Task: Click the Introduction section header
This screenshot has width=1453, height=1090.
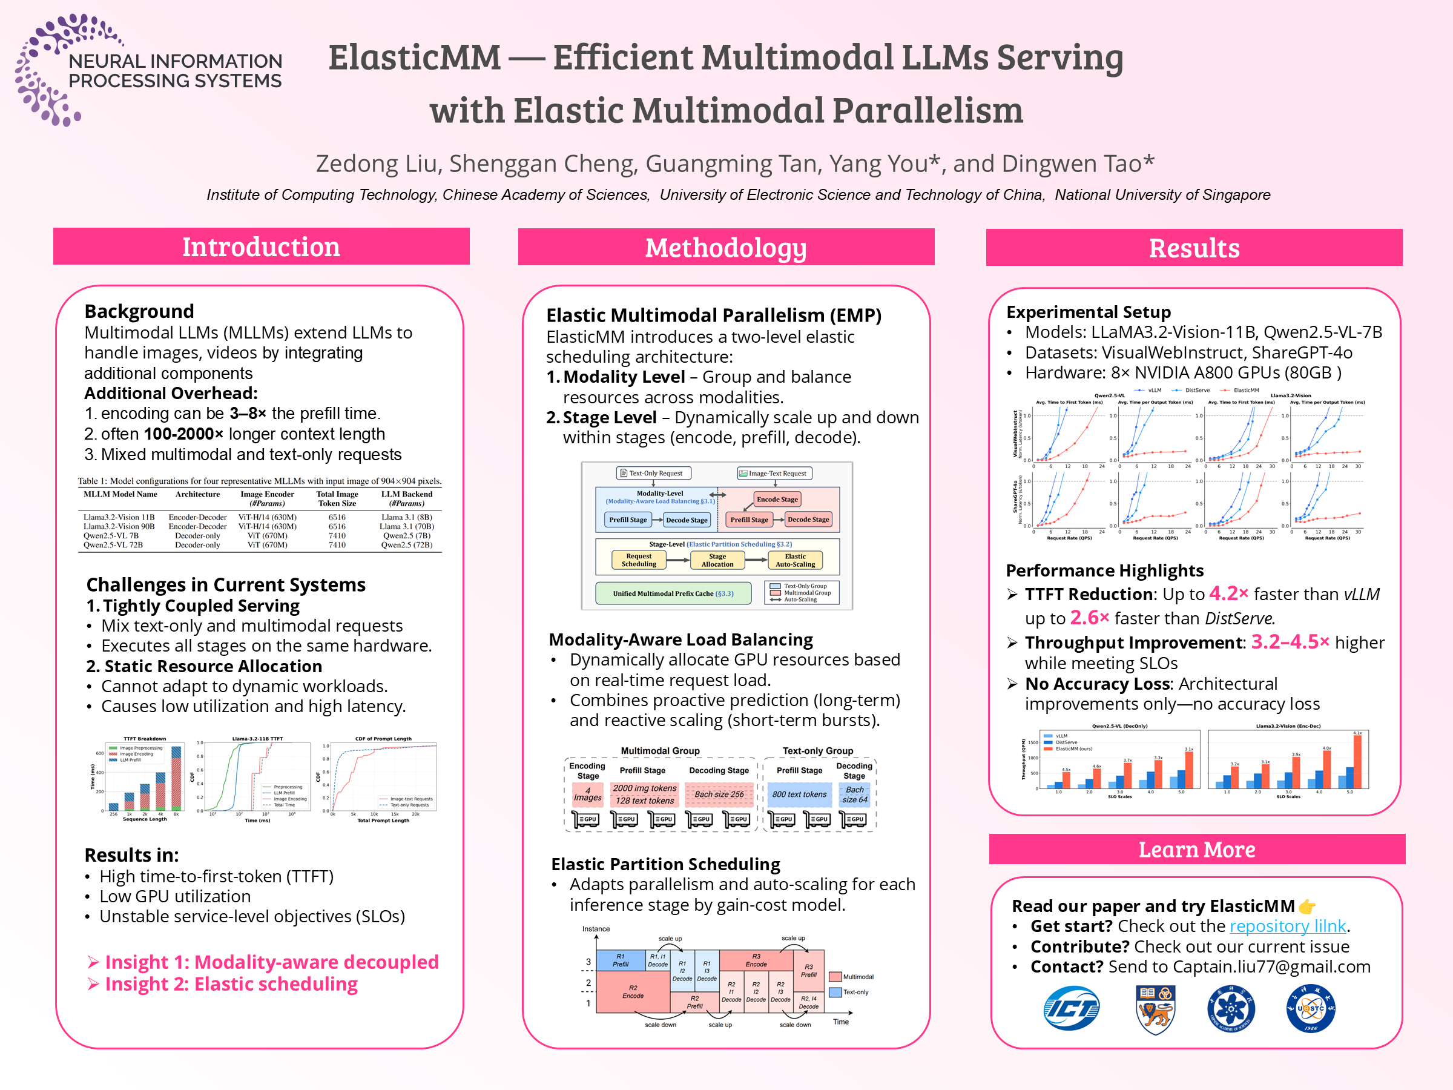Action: coord(261,247)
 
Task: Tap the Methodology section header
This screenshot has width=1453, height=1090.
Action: coord(725,248)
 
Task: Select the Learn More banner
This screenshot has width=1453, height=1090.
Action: coord(1196,850)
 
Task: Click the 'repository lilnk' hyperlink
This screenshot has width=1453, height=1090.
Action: coord(1288,926)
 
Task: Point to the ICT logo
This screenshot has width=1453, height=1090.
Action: coord(1071,1008)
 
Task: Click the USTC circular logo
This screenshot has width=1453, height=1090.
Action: coord(1311,1008)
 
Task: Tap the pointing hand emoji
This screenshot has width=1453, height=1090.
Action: coord(1307,907)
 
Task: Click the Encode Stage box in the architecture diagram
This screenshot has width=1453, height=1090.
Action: coord(777,500)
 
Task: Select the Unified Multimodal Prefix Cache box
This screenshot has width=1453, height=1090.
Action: coord(673,593)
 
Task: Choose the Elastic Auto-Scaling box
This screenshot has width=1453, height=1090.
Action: coord(795,560)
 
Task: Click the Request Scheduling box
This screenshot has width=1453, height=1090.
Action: coord(639,560)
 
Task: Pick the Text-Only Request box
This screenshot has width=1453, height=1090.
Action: coord(651,473)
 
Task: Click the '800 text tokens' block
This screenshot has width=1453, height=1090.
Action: coord(799,794)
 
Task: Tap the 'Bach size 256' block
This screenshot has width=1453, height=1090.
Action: coord(719,794)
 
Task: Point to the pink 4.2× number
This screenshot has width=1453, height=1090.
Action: coord(1228,594)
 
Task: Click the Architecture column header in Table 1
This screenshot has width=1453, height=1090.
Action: coord(198,494)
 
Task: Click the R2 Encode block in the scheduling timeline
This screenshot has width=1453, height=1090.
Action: coord(633,991)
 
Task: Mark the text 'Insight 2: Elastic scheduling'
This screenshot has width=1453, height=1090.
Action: coord(231,984)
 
